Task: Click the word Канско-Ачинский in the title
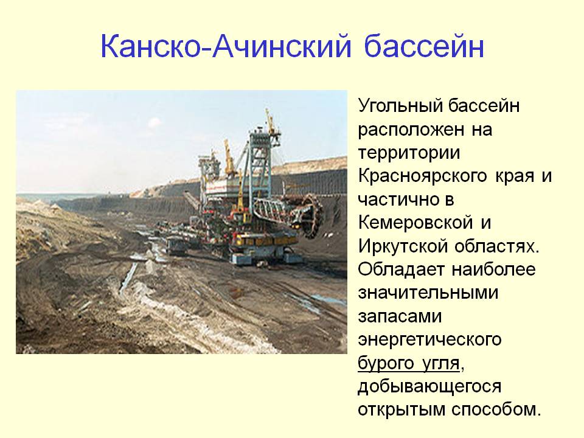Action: [x=226, y=46]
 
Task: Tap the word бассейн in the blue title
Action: [x=424, y=46]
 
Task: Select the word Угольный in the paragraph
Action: [x=400, y=106]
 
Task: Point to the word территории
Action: [x=409, y=153]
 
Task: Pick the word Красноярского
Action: [x=422, y=176]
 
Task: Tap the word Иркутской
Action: [x=401, y=246]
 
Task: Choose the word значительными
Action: [x=428, y=293]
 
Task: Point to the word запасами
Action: [x=400, y=316]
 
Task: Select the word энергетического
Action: [x=429, y=339]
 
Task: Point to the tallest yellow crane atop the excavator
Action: [x=271, y=123]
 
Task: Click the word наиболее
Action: [x=493, y=269]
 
